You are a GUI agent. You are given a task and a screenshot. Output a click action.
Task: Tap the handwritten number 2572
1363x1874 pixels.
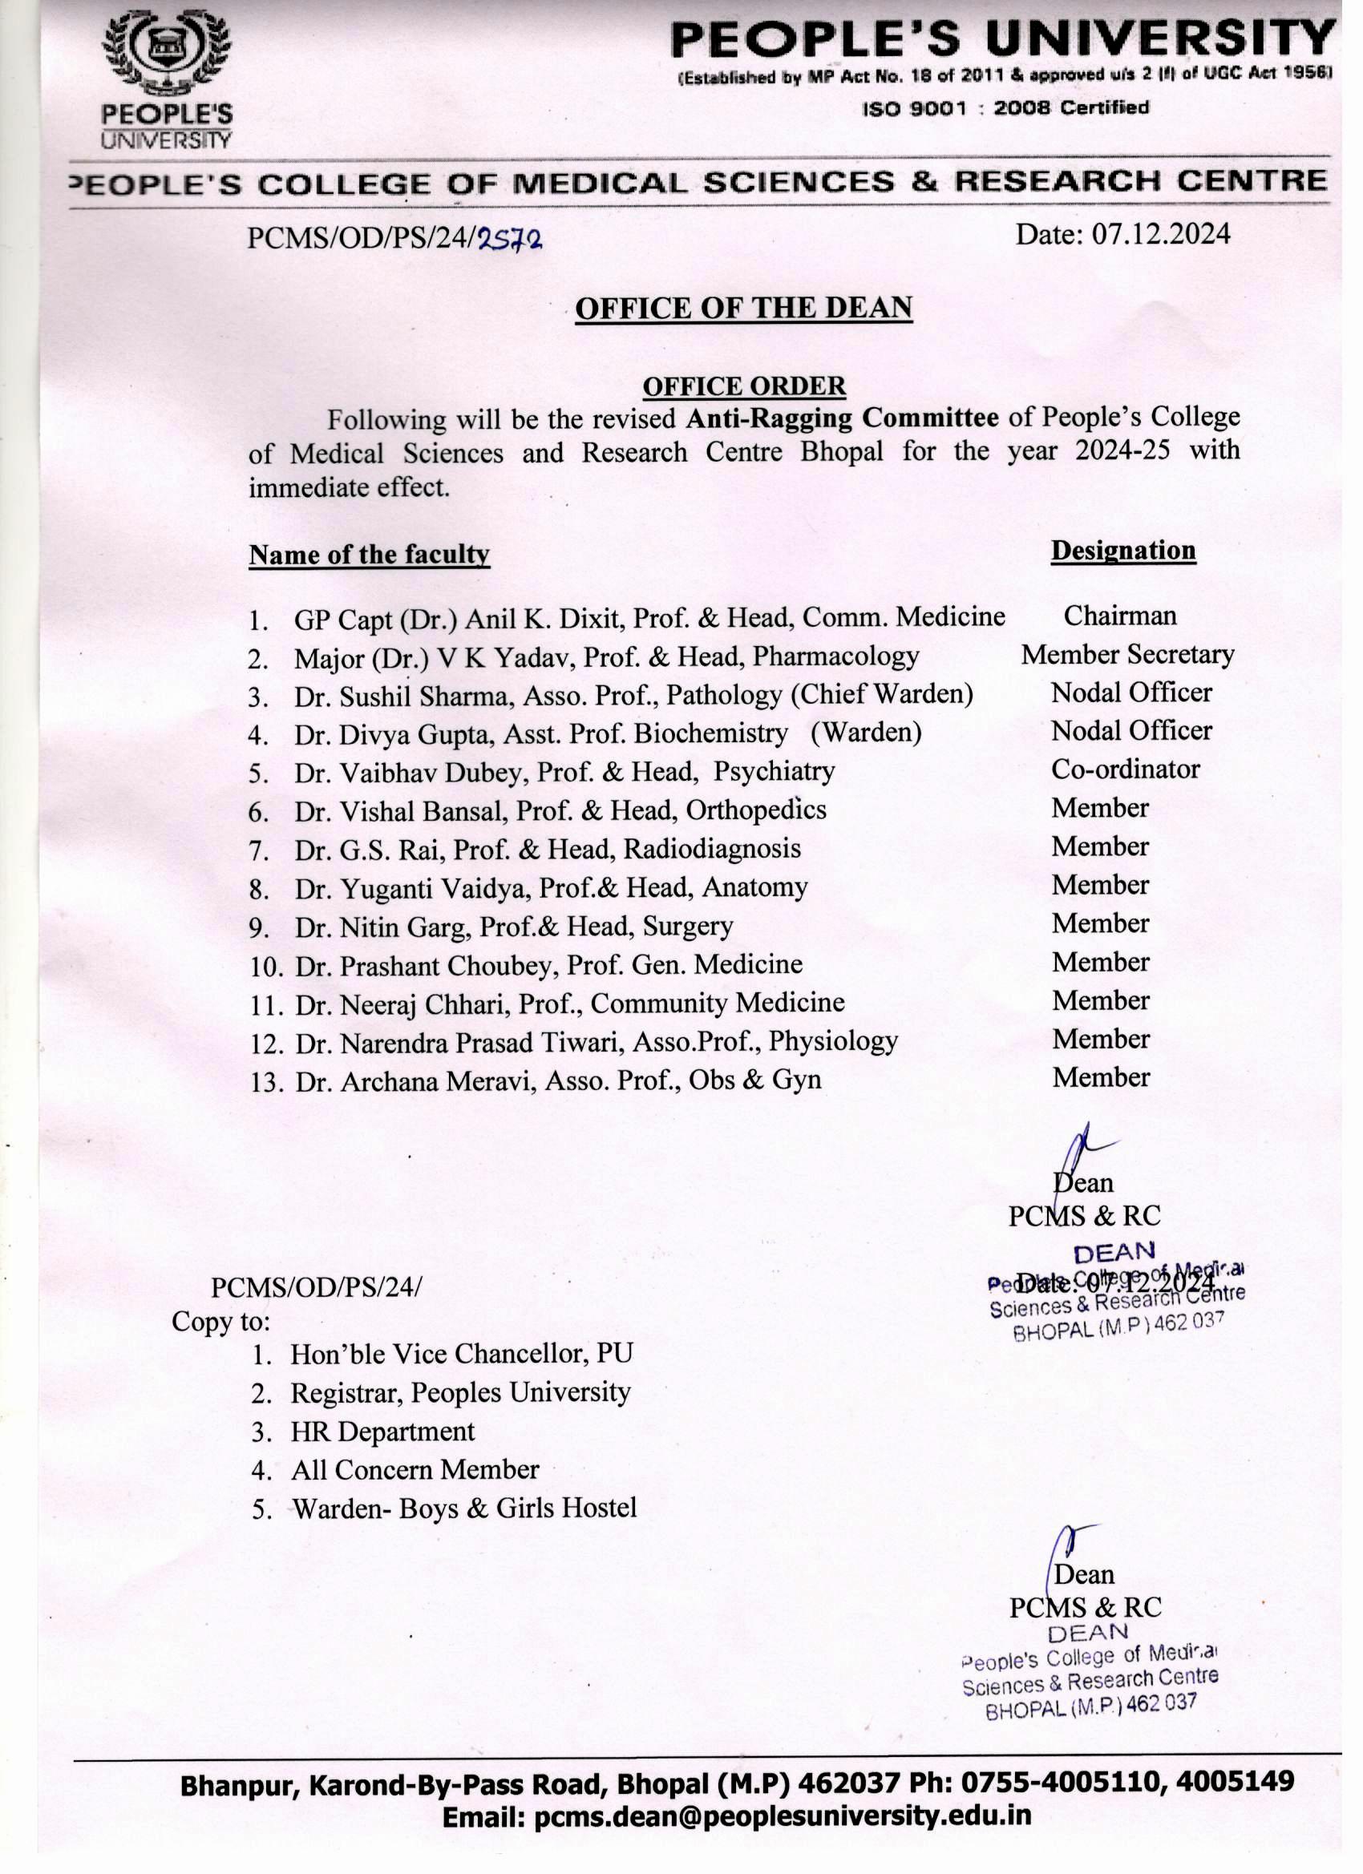[x=510, y=240]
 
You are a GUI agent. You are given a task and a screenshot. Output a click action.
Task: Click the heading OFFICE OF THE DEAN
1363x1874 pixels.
[x=743, y=309]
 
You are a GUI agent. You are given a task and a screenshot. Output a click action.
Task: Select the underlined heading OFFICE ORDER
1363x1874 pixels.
[x=744, y=386]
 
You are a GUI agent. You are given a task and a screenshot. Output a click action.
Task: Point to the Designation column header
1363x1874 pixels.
[x=1122, y=551]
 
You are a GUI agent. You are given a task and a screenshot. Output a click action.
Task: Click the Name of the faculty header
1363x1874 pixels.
[x=369, y=555]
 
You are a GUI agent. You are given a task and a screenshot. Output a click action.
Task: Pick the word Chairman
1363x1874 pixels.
[x=1119, y=616]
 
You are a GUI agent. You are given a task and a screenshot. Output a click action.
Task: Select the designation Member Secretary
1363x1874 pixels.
[x=1126, y=654]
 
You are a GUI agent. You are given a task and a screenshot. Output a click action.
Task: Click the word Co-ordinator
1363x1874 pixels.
[x=1124, y=769]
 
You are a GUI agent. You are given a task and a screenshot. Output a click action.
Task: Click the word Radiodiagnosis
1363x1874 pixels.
[x=712, y=849]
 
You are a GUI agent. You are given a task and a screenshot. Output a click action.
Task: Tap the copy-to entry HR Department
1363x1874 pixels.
[x=382, y=1432]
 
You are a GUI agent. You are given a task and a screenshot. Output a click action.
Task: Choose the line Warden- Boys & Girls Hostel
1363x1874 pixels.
[x=464, y=1508]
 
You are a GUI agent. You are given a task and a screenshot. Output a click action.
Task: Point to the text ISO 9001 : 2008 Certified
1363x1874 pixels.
[x=1005, y=108]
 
